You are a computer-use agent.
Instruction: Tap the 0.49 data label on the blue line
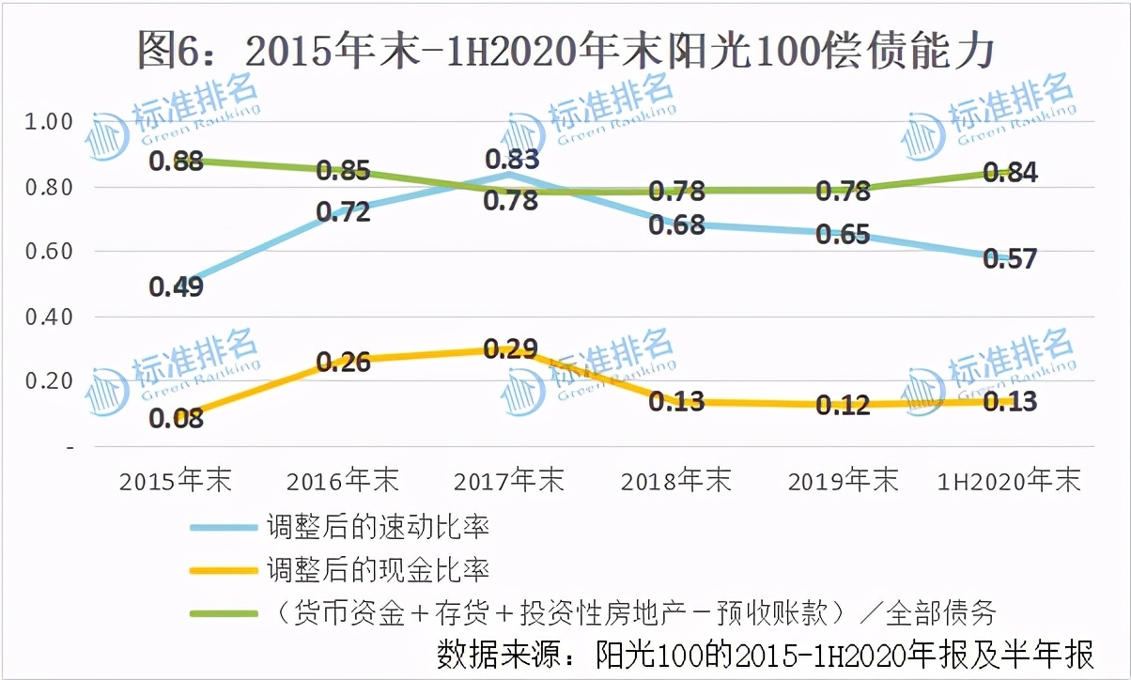(177, 287)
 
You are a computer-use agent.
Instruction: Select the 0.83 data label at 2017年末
(512, 159)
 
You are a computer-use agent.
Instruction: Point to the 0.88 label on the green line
(177, 161)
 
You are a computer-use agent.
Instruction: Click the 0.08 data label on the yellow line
(177, 418)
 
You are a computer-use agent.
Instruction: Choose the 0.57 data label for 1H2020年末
(1010, 258)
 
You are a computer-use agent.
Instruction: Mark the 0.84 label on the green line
(1010, 172)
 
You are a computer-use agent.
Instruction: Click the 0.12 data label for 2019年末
(843, 406)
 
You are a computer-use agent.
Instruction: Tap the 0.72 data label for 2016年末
(343, 212)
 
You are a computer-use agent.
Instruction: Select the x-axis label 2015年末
(176, 481)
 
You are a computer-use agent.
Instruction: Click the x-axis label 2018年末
(675, 481)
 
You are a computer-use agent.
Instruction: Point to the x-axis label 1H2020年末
(1010, 481)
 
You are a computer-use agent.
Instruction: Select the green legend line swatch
(223, 613)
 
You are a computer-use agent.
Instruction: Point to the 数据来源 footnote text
(766, 654)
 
